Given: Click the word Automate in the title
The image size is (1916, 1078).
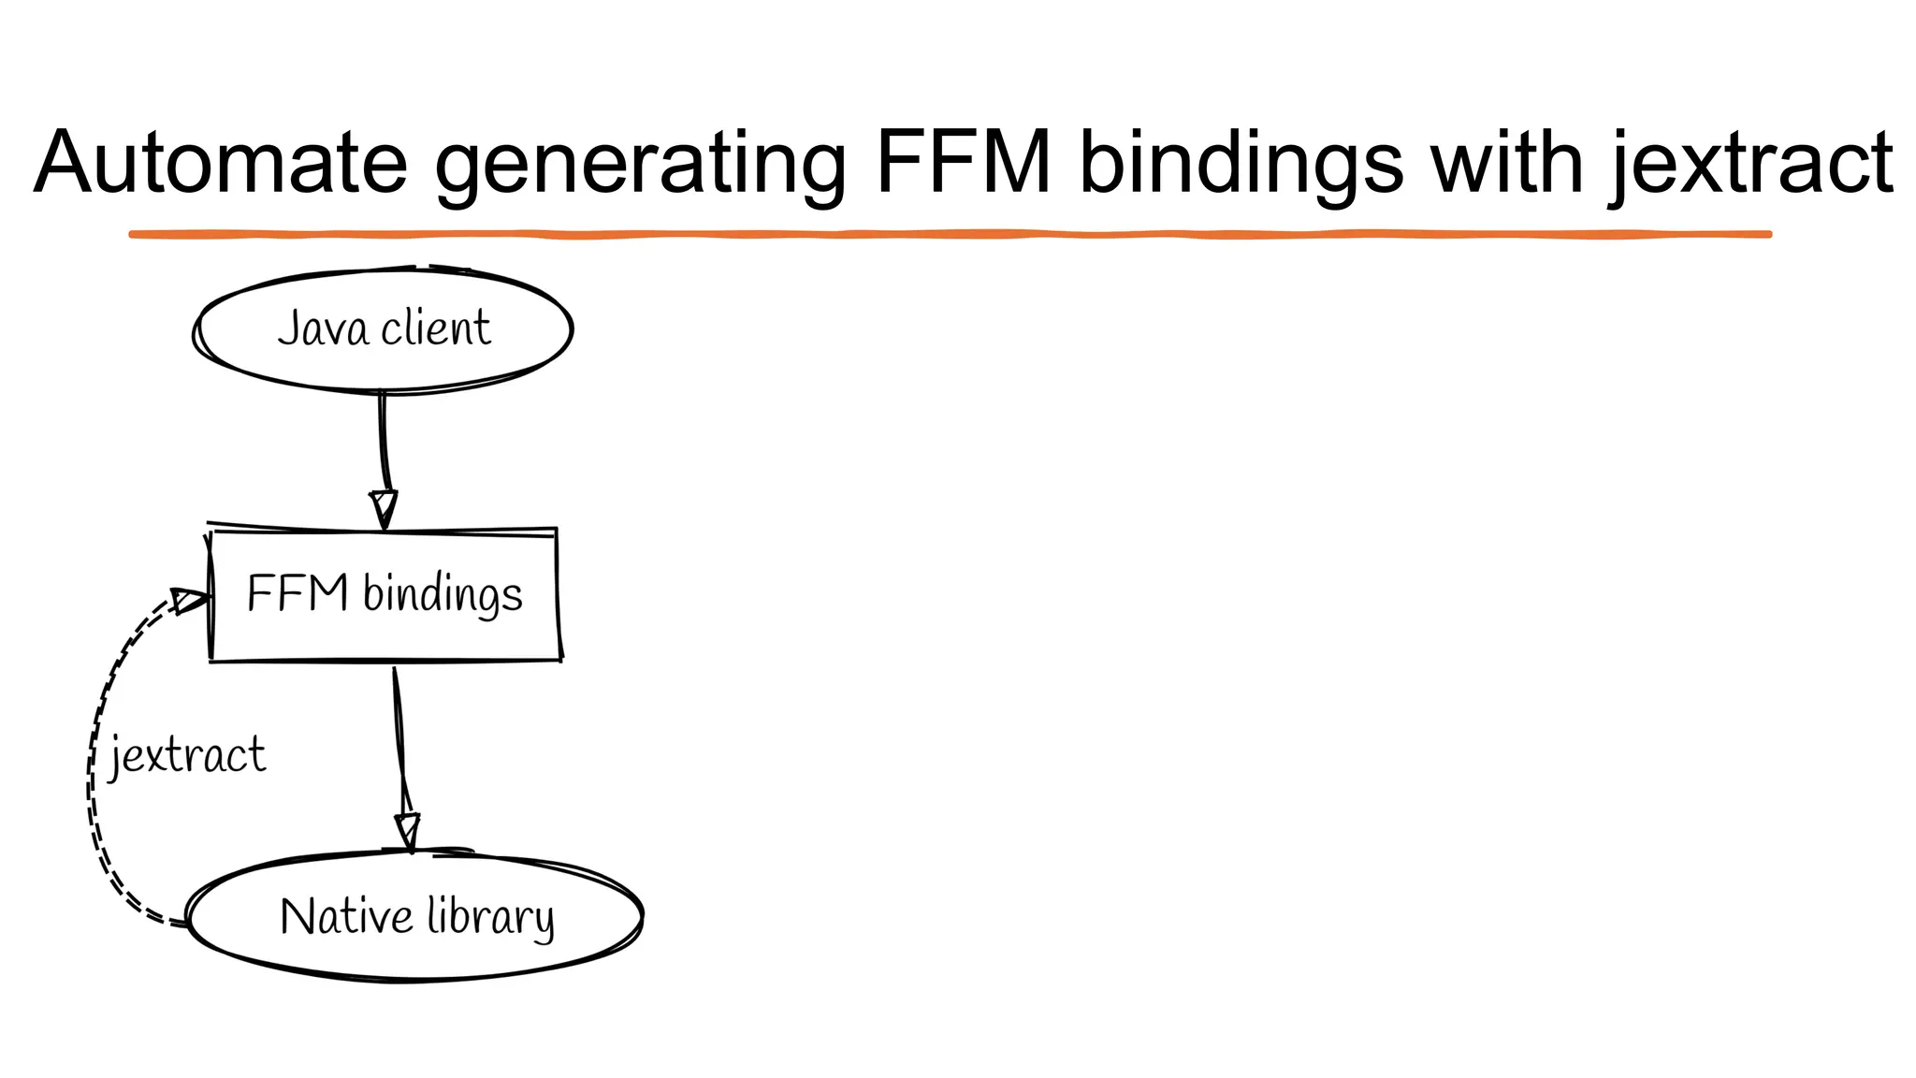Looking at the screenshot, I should [x=221, y=163].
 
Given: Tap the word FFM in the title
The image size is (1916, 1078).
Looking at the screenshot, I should [x=963, y=163].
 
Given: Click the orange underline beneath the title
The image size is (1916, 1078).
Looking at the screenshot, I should [x=950, y=234].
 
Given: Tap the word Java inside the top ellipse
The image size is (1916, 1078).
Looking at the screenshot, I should [x=322, y=328].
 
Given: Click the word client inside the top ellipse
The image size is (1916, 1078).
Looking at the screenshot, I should [x=435, y=328].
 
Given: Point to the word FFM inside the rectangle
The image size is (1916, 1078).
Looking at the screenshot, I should [x=298, y=593].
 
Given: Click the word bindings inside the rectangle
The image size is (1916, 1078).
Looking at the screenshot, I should [x=443, y=595].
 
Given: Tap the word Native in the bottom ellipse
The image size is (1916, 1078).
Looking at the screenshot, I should [x=345, y=916].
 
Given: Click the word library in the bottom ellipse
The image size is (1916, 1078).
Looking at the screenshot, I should [x=490, y=917].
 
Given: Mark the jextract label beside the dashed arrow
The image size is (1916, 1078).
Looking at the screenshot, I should [x=187, y=755].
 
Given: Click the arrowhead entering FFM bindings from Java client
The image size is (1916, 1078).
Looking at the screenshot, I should [x=384, y=508].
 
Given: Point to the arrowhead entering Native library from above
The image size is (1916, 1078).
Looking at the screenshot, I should [x=408, y=831].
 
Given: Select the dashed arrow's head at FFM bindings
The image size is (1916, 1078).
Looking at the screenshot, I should [x=190, y=600].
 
